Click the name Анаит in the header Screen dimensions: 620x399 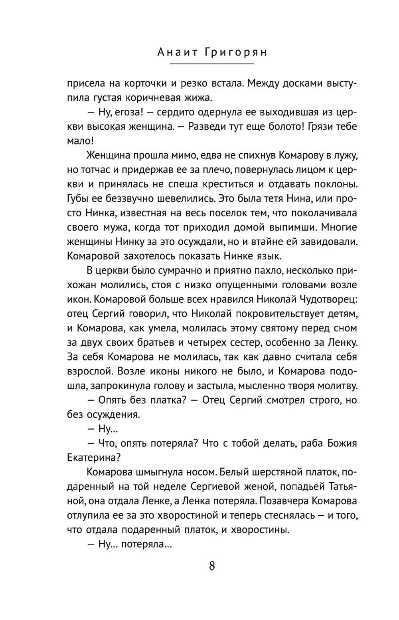point(164,52)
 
